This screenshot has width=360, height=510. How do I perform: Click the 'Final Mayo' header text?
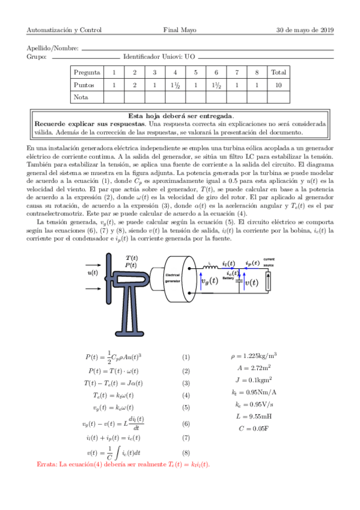pos(180,29)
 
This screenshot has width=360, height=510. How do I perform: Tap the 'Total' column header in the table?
pos(278,72)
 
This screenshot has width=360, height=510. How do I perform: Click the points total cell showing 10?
pos(278,85)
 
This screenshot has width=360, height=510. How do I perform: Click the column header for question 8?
pos(257,72)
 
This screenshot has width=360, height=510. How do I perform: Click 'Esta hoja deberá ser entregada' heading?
pos(180,115)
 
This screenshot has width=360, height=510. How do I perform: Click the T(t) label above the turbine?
pos(132,257)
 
